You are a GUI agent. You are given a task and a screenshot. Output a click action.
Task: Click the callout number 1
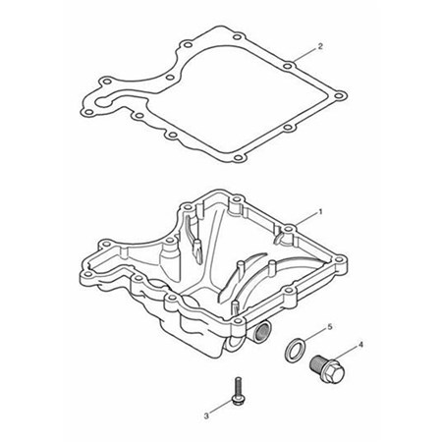[320, 212]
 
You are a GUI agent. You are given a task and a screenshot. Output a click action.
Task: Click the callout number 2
[320, 46]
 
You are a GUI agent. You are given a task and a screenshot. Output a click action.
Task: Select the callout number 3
[206, 416]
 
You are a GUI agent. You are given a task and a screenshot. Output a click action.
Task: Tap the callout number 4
[360, 345]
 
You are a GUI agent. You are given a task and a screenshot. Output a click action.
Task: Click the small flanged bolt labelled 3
[238, 392]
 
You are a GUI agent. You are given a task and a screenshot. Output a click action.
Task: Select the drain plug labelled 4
[327, 370]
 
